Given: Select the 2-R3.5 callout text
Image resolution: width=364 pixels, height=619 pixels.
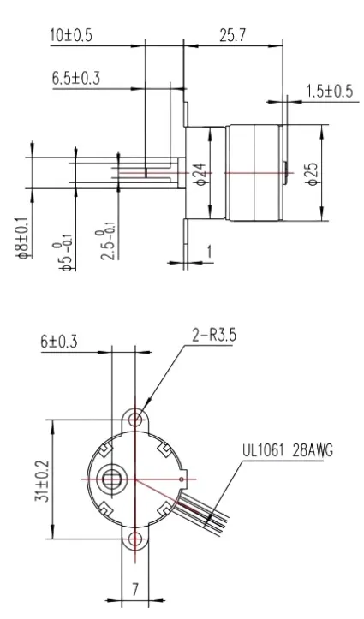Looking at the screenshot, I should (x=209, y=336).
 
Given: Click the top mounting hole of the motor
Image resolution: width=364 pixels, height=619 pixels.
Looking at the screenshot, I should (x=134, y=420).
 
